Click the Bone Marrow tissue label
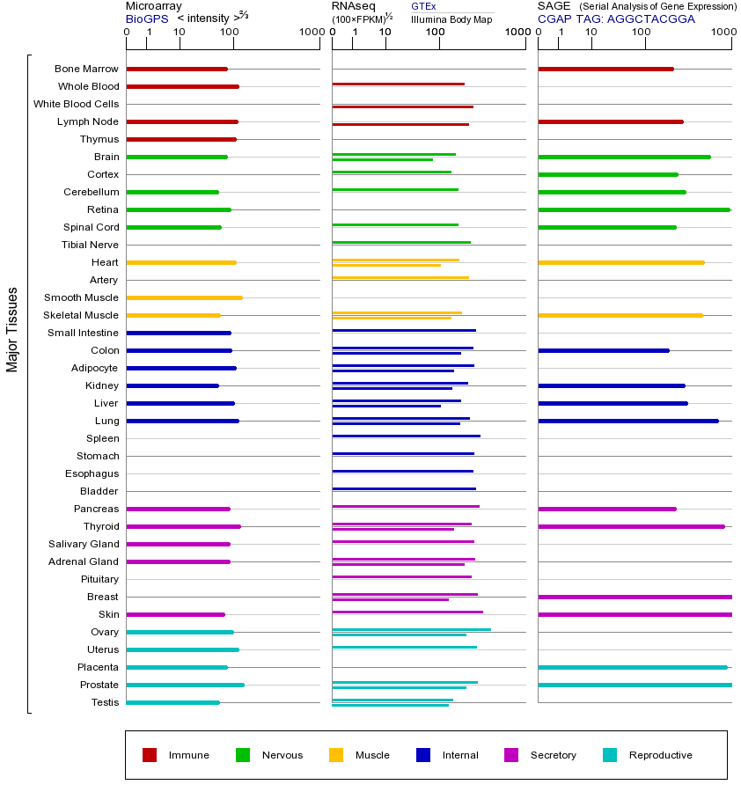pos(86,69)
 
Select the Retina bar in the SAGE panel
pos(634,209)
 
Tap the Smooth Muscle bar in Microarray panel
pos(184,297)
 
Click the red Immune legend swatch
pos(150,755)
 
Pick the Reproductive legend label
pos(660,755)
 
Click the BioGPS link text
pos(147,18)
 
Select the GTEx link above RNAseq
pos(423,6)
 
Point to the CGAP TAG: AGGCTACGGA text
pos(616,18)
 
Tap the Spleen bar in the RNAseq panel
pos(406,436)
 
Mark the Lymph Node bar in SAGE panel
pos(610,121)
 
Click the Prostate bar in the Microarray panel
pos(185,685)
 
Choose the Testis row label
pos(105,702)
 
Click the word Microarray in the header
pos(154,6)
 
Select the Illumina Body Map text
pos(451,19)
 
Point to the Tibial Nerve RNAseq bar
pos(401,242)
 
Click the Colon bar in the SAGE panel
pos(603,350)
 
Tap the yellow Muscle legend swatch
pos(336,755)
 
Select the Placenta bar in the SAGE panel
pos(632,667)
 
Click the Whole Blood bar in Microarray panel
pos(182,86)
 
